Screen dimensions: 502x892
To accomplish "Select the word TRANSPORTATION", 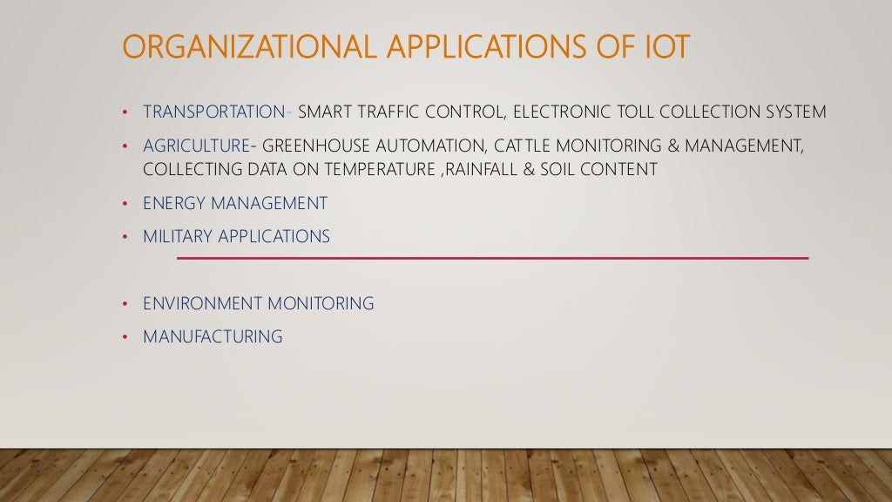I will [x=214, y=112].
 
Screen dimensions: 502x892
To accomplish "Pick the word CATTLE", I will [x=522, y=146].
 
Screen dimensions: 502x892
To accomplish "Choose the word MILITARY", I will [x=177, y=236].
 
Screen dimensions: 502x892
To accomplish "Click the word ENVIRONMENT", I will [x=202, y=303].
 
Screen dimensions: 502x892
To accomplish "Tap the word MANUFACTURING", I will [x=213, y=336].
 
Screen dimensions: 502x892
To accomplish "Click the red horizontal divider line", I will [x=492, y=258].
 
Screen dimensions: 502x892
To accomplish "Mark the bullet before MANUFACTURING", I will [x=125, y=337].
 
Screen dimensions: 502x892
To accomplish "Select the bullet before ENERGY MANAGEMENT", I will [x=125, y=204].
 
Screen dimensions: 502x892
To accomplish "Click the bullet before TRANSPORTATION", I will [x=125, y=112].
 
